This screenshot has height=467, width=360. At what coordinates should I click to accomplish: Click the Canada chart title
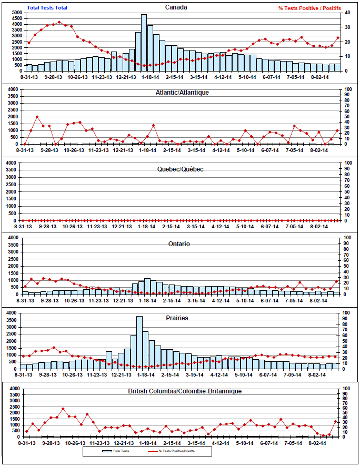(x=176, y=7)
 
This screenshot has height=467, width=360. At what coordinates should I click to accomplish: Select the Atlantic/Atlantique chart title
(x=182, y=92)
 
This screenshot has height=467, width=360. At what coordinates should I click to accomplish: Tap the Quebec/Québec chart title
(x=179, y=169)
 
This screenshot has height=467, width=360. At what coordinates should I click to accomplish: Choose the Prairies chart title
(x=177, y=318)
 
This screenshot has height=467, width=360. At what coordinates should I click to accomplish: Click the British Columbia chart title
(x=184, y=392)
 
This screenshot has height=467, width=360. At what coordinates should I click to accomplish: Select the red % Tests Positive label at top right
(x=309, y=8)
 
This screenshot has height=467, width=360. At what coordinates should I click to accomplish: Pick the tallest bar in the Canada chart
(x=144, y=42)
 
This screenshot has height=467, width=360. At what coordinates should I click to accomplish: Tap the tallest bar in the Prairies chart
(x=139, y=342)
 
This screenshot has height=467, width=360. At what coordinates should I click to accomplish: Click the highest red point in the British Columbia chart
(x=63, y=409)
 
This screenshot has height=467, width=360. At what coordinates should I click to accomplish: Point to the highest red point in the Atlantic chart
(x=37, y=117)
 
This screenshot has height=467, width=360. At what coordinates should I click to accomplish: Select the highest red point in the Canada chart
(x=59, y=22)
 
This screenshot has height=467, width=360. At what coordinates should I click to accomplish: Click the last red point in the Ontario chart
(x=337, y=282)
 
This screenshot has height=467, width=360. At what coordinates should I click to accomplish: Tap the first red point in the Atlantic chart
(x=25, y=144)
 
